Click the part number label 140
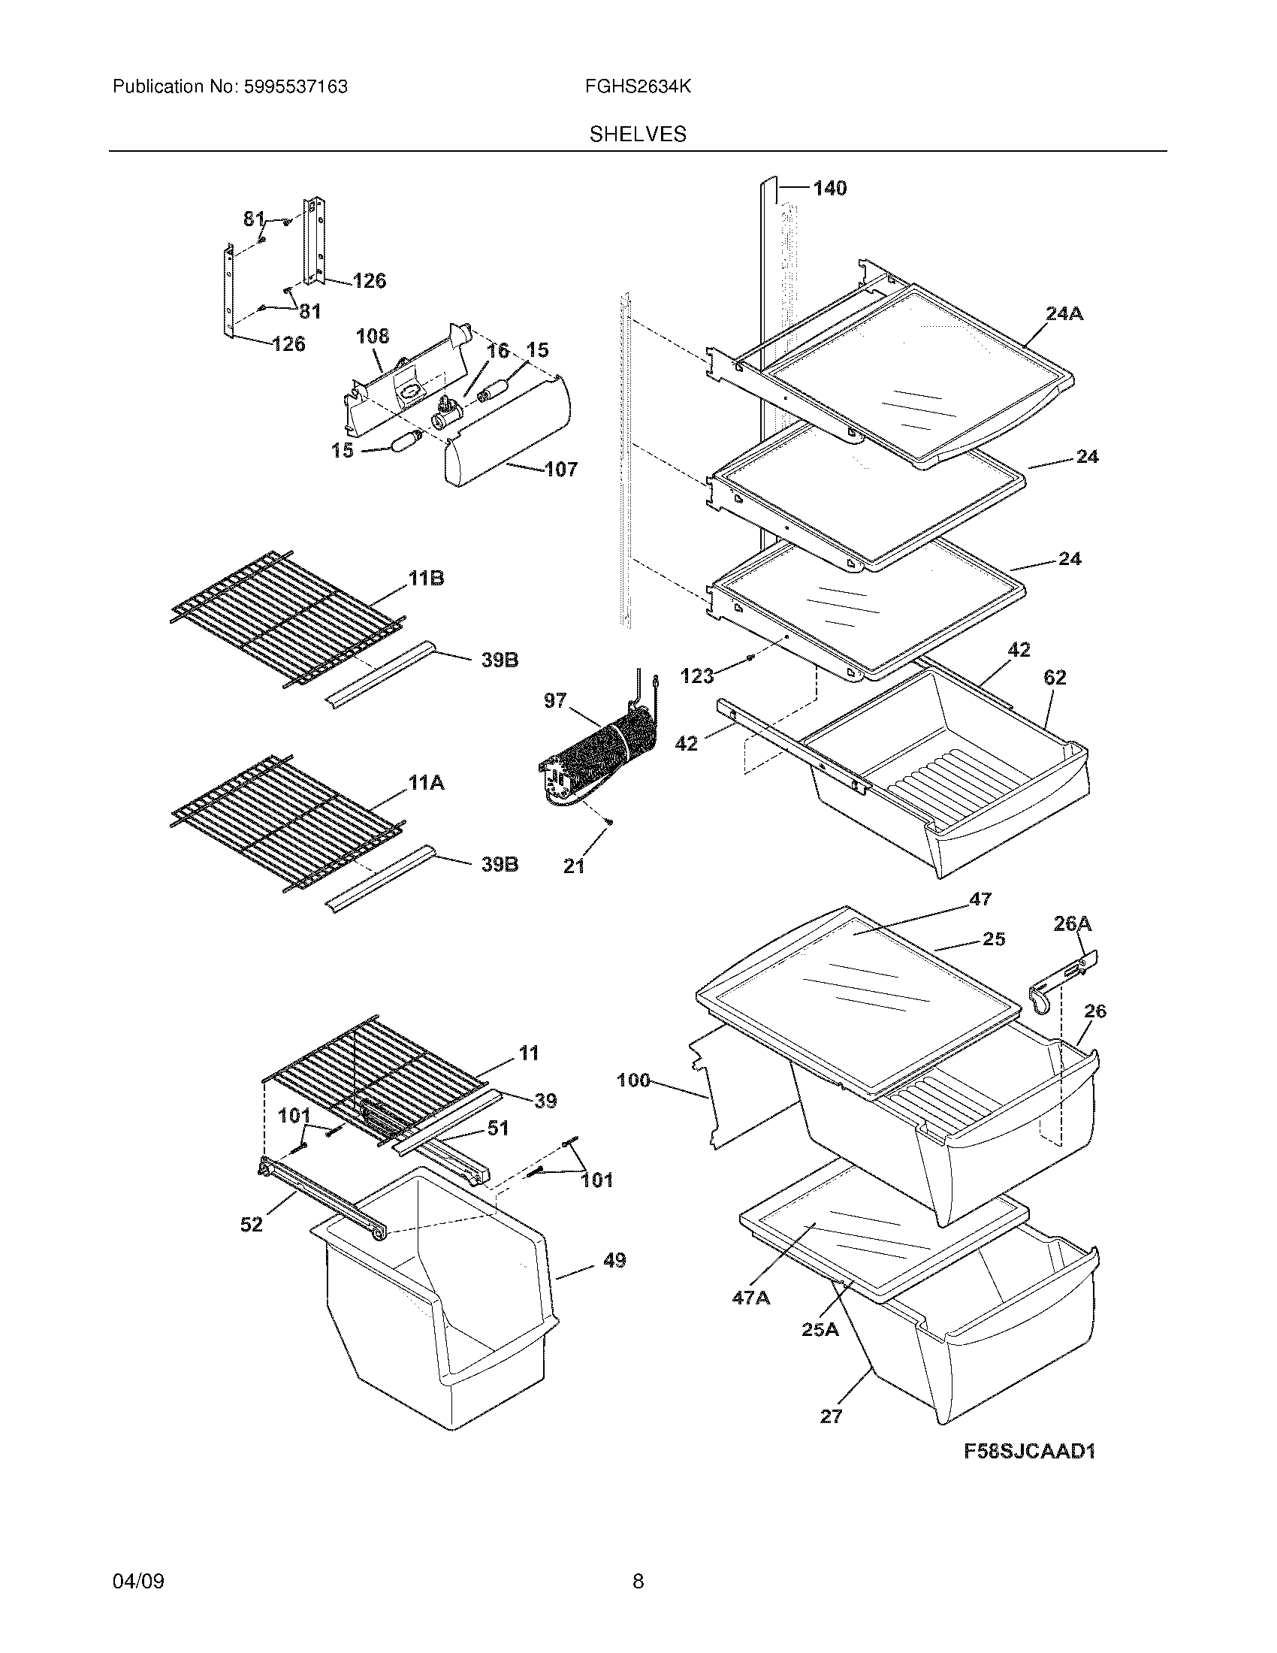pyautogui.click(x=829, y=188)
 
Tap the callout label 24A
pyautogui.click(x=1064, y=313)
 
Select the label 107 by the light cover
pyautogui.click(x=560, y=470)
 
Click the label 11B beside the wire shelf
pyautogui.click(x=426, y=579)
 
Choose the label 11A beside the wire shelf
pyautogui.click(x=426, y=784)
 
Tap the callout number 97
pyautogui.click(x=555, y=701)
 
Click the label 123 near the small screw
pyautogui.click(x=697, y=676)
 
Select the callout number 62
pyautogui.click(x=1055, y=678)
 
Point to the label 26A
pyautogui.click(x=1072, y=923)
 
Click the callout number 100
pyautogui.click(x=633, y=1080)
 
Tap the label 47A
pyautogui.click(x=750, y=1298)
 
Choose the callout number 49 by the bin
pyautogui.click(x=614, y=1261)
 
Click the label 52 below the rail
pyautogui.click(x=251, y=1224)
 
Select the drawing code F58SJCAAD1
pyautogui.click(x=1030, y=1451)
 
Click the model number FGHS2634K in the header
pyautogui.click(x=637, y=87)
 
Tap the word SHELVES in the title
pyautogui.click(x=638, y=134)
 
